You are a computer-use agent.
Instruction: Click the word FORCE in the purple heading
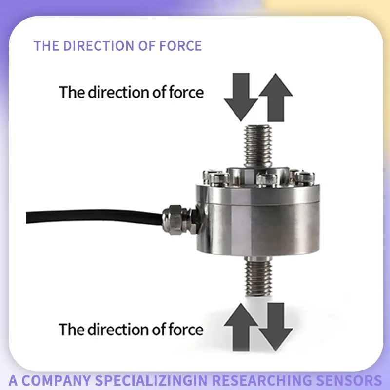tap(180, 46)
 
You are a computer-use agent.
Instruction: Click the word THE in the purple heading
tap(46, 46)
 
